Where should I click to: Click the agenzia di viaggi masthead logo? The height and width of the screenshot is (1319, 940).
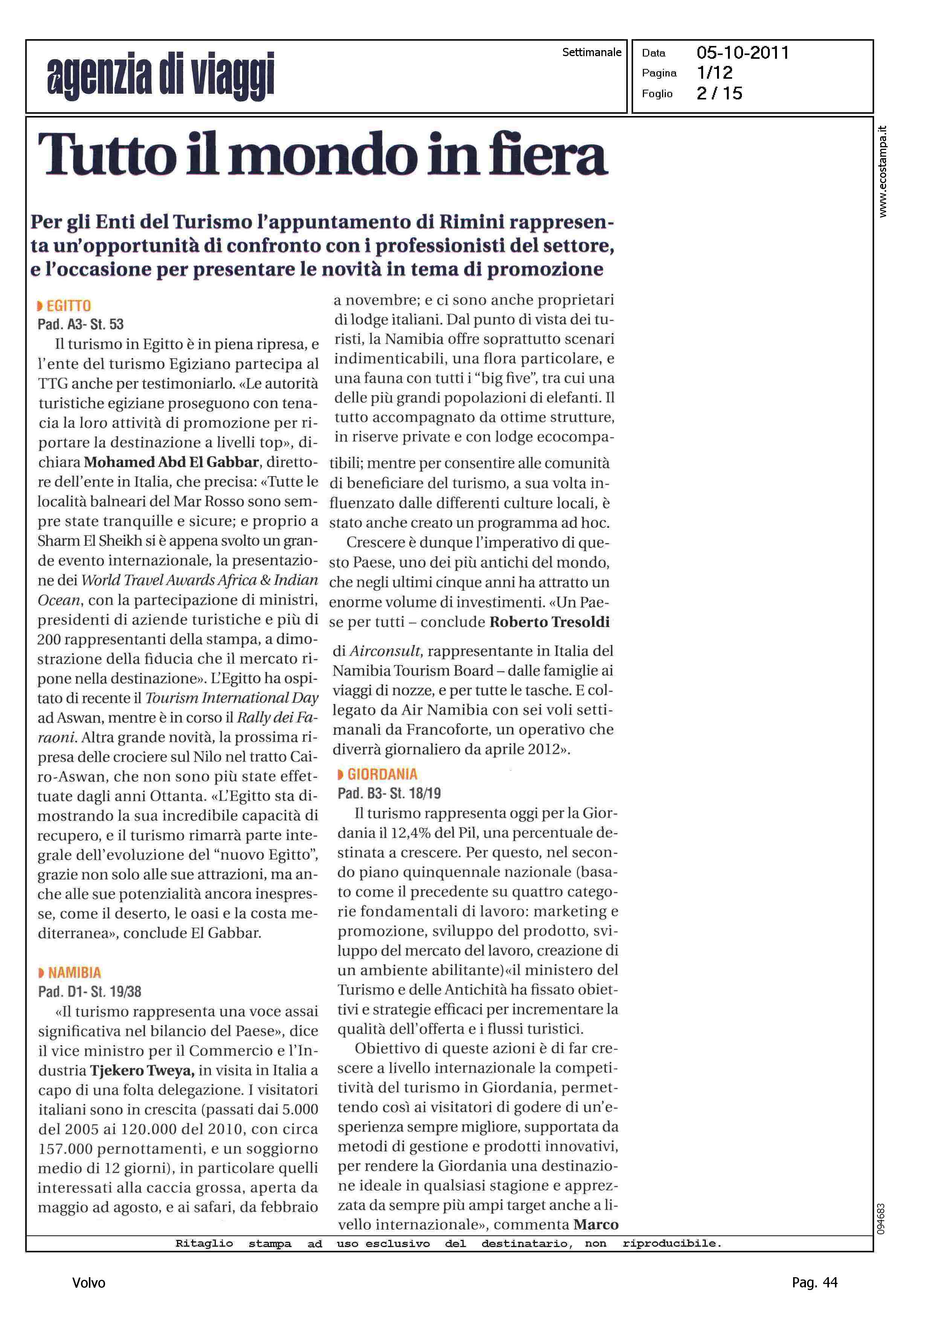[160, 75]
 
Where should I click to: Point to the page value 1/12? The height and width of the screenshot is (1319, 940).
[715, 73]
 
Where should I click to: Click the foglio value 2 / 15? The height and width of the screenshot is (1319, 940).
[719, 93]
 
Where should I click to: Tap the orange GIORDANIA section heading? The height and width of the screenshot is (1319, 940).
[382, 774]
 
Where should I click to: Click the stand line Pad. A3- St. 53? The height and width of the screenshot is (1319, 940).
[81, 324]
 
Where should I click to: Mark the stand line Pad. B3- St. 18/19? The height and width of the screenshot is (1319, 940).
[389, 794]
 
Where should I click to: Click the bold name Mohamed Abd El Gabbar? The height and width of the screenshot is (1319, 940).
[171, 463]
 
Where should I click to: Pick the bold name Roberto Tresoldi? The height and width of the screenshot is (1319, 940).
[549, 622]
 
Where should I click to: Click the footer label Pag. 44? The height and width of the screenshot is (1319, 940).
[814, 1283]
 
